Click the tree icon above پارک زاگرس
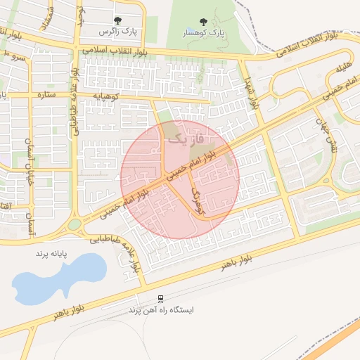point(117,21)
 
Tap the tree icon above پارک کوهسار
point(203,22)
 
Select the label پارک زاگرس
point(117,32)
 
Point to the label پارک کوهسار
point(203,33)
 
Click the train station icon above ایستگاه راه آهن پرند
point(160,299)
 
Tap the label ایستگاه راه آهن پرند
point(161,309)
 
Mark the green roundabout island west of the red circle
point(74,225)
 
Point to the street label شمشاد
point(47,18)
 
